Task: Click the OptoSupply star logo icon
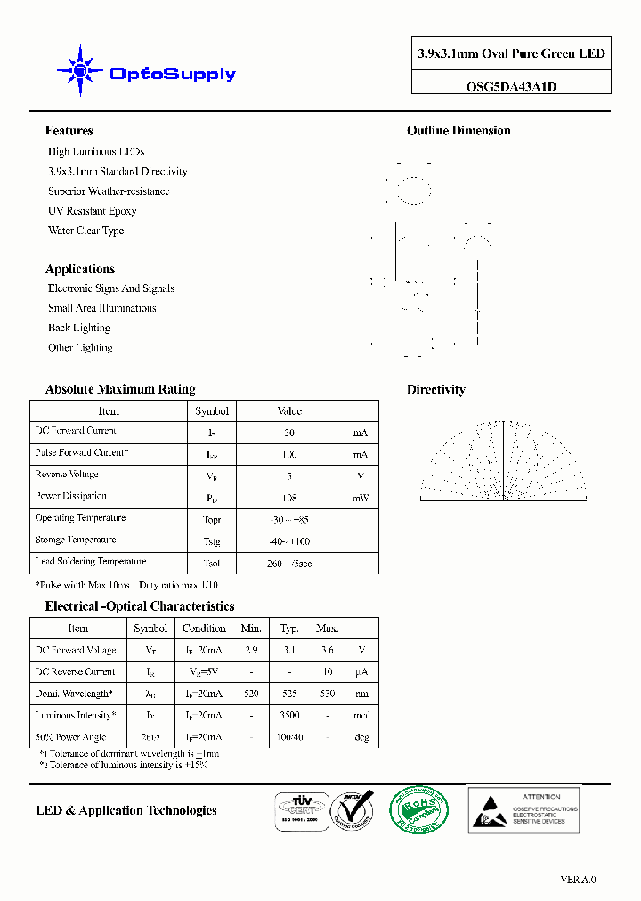pyautogui.click(x=79, y=70)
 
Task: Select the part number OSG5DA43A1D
pyautogui.click(x=511, y=86)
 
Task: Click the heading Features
pyautogui.click(x=69, y=131)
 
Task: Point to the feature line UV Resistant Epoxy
pyautogui.click(x=92, y=211)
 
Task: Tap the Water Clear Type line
pyautogui.click(x=85, y=231)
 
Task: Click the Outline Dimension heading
pyautogui.click(x=458, y=131)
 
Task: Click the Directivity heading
pyautogui.click(x=436, y=389)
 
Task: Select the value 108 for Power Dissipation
pyautogui.click(x=289, y=498)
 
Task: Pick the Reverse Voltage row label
pyautogui.click(x=67, y=475)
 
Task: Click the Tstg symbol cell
pyautogui.click(x=212, y=541)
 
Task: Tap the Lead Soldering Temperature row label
pyautogui.click(x=91, y=562)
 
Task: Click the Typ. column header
pyautogui.click(x=289, y=629)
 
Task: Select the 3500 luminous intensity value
pyautogui.click(x=289, y=715)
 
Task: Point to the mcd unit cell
pyautogui.click(x=361, y=715)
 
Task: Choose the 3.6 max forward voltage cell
pyautogui.click(x=327, y=651)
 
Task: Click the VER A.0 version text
pyautogui.click(x=578, y=880)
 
